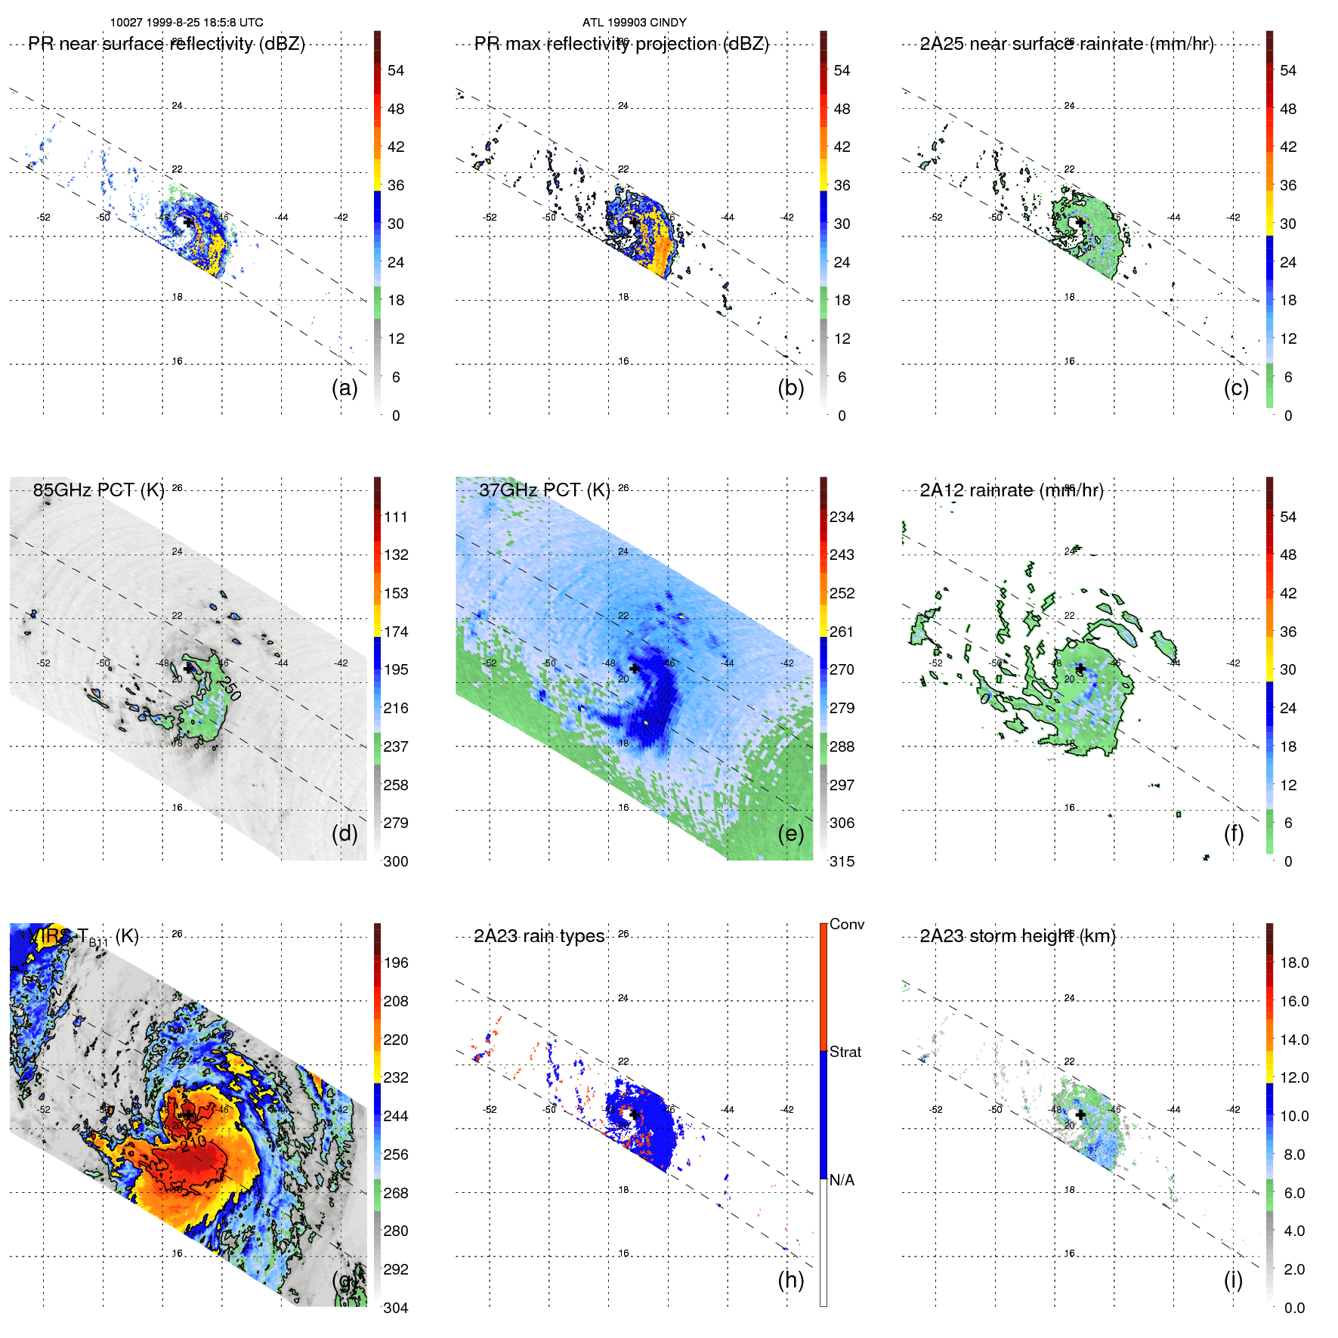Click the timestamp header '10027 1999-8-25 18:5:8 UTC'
[187, 23]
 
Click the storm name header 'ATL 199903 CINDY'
[634, 23]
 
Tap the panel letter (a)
[345, 388]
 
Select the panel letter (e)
[790, 833]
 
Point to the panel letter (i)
[1233, 1280]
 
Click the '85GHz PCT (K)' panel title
[98, 490]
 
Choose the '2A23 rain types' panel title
[539, 936]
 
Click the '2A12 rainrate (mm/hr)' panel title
[1011, 490]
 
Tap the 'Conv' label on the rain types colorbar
[846, 924]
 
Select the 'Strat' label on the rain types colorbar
[845, 1052]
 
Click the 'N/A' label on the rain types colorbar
[842, 1180]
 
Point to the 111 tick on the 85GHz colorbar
[395, 517]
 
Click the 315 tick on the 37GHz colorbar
[842, 861]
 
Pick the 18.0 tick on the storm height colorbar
[1293, 963]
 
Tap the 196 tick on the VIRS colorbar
[395, 963]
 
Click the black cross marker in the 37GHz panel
[635, 669]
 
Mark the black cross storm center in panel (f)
[1080, 669]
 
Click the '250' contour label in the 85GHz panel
[229, 688]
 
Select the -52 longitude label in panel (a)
[44, 218]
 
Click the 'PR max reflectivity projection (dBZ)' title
[621, 44]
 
